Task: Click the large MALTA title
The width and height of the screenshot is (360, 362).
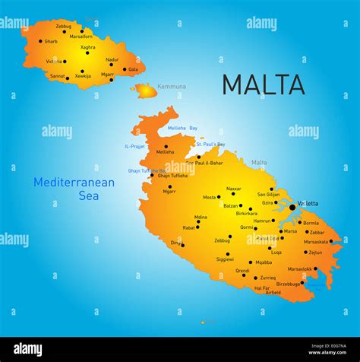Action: (263, 84)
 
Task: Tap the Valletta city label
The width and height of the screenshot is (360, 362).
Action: (308, 204)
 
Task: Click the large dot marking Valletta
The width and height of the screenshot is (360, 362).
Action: (292, 206)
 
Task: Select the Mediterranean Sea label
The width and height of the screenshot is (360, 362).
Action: (74, 189)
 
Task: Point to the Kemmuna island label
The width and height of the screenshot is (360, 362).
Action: (172, 87)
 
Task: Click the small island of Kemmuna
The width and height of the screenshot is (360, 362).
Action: (144, 90)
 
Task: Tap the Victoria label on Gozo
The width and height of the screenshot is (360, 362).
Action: (54, 61)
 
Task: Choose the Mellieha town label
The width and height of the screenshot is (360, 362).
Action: (166, 152)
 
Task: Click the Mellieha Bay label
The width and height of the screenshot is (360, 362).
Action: (182, 128)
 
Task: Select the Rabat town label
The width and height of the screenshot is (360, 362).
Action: (189, 227)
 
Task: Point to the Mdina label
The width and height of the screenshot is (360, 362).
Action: (201, 217)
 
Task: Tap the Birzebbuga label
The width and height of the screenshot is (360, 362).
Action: (288, 284)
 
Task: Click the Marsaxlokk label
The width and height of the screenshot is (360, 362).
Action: (299, 268)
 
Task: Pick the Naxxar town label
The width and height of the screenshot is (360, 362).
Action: (234, 189)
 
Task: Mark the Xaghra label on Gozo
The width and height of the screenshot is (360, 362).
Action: (88, 47)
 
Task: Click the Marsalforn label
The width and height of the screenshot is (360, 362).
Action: (81, 36)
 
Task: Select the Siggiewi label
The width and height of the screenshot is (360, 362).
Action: (225, 259)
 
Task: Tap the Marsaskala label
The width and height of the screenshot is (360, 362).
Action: (316, 242)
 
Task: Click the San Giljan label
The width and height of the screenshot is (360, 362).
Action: (268, 194)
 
